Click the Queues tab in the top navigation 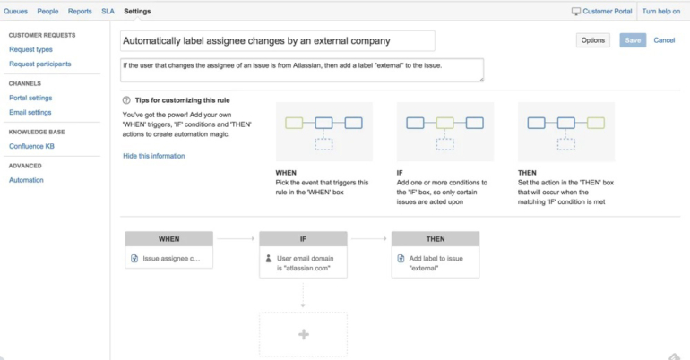15,12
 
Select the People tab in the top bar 47,12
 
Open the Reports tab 80,12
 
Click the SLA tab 108,12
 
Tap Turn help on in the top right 661,12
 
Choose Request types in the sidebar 30,50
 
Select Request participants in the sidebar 39,64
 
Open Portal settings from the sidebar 30,98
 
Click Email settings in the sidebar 30,113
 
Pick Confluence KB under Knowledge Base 31,146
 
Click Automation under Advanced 26,180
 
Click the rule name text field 277,40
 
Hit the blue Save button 633,40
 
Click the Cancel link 664,40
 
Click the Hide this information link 154,156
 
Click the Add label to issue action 436,262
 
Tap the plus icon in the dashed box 303,334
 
